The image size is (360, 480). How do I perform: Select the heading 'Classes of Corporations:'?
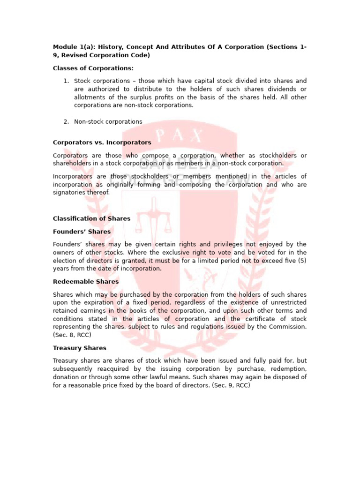pos(90,68)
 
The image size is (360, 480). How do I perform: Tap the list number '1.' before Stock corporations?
pos(66,81)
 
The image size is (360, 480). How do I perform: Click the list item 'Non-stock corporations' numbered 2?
pos(108,121)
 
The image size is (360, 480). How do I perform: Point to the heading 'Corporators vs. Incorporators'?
pos(102,142)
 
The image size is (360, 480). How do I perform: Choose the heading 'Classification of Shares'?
pos(91,218)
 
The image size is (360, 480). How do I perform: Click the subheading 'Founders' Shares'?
pos(82,232)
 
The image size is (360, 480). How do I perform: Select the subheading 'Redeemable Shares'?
pos(86,282)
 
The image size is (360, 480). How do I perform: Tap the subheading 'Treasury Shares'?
pos(80,348)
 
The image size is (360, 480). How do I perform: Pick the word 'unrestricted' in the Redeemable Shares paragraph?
pos(288,302)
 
